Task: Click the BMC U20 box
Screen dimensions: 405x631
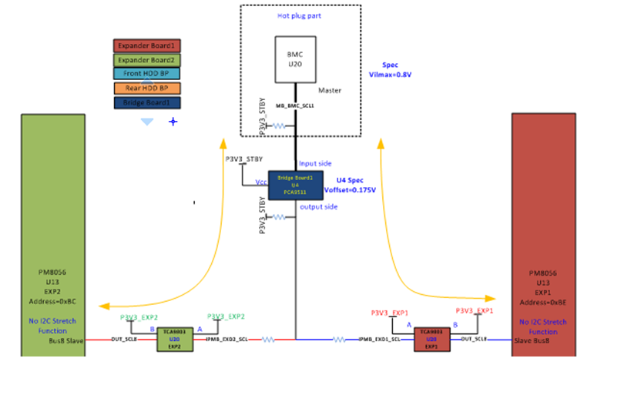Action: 296,59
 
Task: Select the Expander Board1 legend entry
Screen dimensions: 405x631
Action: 147,45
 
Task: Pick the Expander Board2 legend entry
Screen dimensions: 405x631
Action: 147,59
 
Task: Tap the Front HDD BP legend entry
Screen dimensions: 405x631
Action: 147,74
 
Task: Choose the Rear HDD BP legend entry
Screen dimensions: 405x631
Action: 147,88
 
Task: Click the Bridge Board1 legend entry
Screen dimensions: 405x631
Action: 147,102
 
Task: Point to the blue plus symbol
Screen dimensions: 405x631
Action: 173,122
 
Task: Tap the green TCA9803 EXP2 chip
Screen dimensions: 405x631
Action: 174,339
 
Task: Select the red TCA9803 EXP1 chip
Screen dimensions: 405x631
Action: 431,339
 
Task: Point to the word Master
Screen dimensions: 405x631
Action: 329,91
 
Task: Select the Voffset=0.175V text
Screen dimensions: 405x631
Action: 354,189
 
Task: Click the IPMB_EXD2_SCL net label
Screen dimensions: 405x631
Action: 227,339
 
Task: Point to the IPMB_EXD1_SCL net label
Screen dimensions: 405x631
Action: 379,339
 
